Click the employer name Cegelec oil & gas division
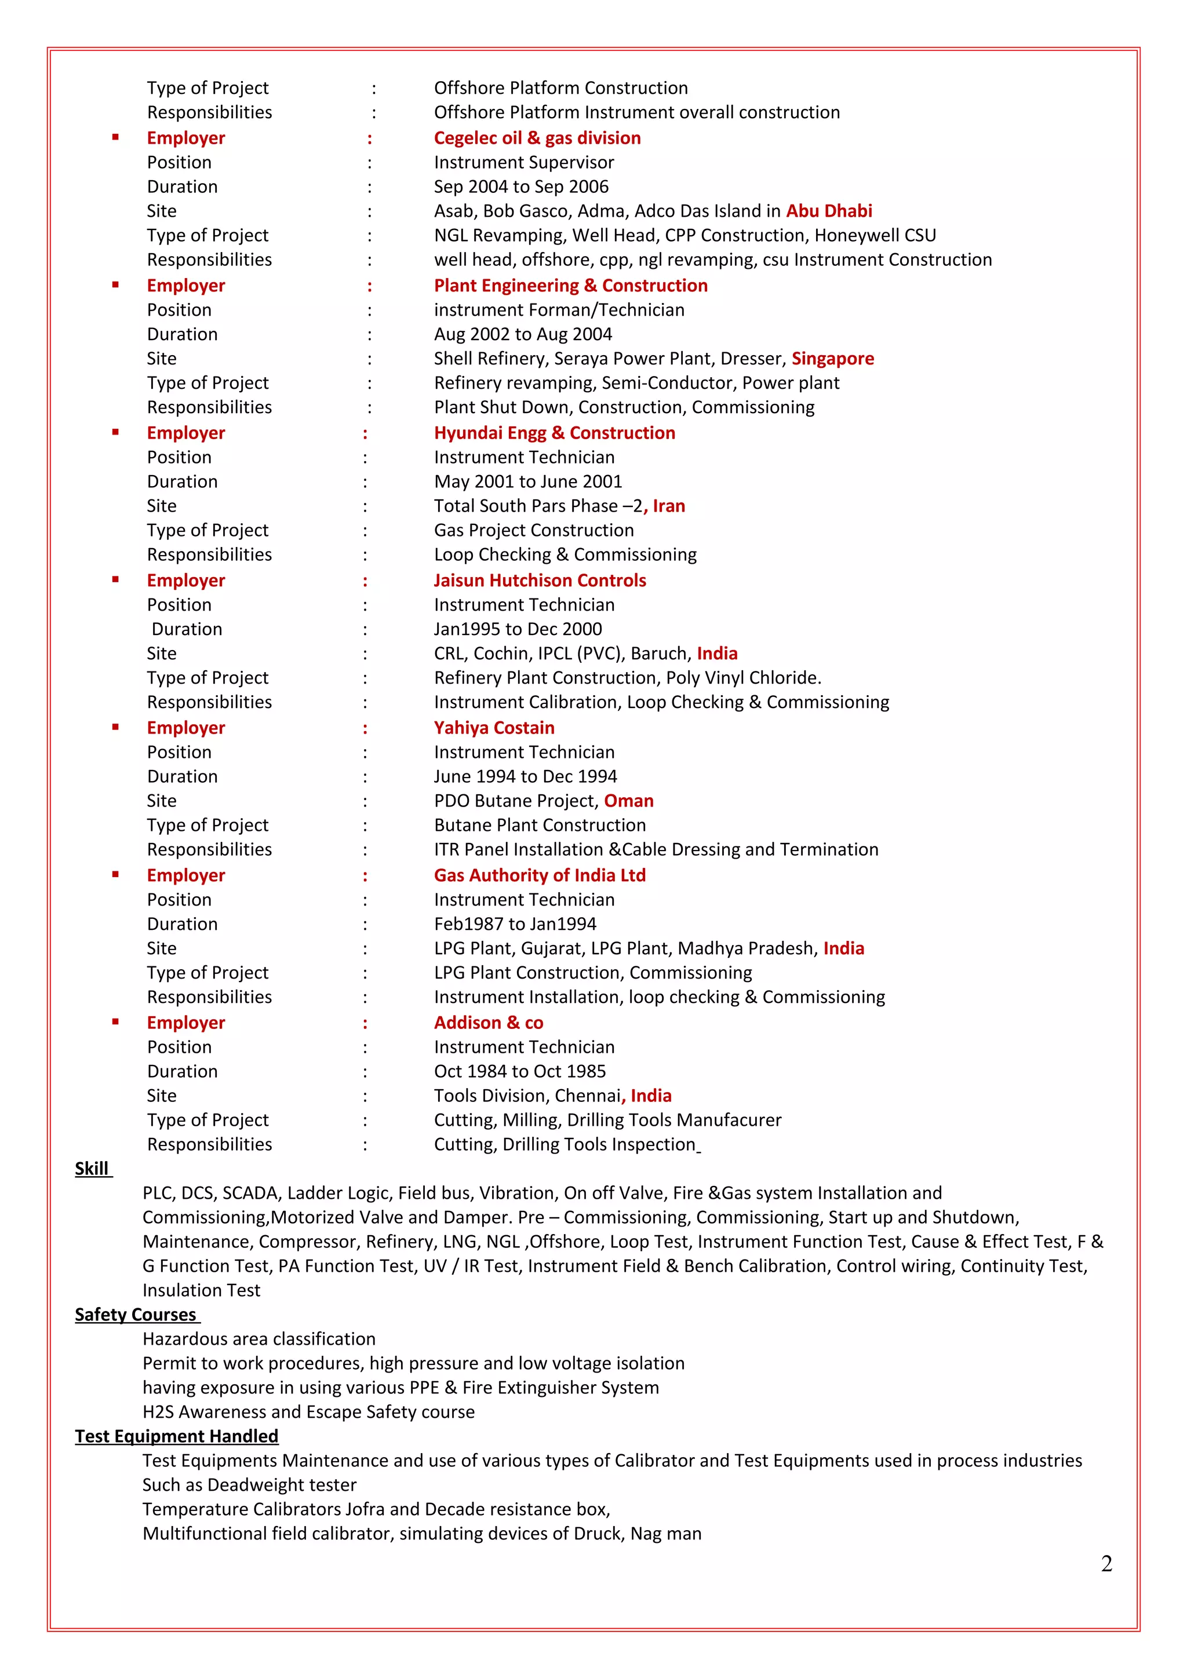point(537,138)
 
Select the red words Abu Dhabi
point(829,211)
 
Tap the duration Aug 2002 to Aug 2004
point(522,334)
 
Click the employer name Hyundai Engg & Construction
point(554,433)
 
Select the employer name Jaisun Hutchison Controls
point(539,581)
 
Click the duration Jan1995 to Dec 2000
point(517,629)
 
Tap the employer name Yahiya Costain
point(494,728)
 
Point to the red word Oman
point(628,801)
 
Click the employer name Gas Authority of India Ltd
point(539,875)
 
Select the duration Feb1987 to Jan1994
point(514,924)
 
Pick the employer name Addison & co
point(488,1023)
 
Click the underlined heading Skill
point(92,1169)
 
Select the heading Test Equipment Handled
point(176,1436)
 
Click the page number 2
point(1106,1564)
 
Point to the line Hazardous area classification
point(259,1339)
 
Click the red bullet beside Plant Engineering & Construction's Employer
point(115,285)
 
